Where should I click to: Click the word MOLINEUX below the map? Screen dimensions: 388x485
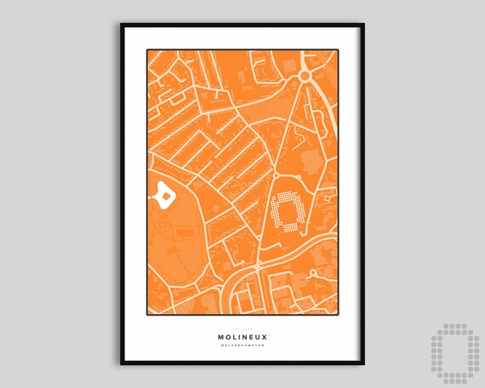coord(242,336)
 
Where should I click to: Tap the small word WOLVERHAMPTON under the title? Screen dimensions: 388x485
coord(242,346)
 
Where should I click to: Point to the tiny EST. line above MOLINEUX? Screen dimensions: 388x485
coord(242,327)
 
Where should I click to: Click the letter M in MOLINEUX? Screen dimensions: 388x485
coord(221,336)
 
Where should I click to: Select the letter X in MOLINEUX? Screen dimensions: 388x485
coord(264,336)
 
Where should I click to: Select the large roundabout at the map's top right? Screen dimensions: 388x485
coord(306,76)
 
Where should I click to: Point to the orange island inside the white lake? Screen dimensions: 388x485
coord(163,197)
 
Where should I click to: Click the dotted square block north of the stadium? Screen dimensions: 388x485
coord(312,158)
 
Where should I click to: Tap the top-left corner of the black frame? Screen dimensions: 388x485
coord(122,25)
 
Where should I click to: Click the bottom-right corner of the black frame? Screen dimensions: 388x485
coord(363,364)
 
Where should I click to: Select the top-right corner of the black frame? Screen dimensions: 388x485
coord(363,25)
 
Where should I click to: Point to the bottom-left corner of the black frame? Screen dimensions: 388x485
coord(122,364)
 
